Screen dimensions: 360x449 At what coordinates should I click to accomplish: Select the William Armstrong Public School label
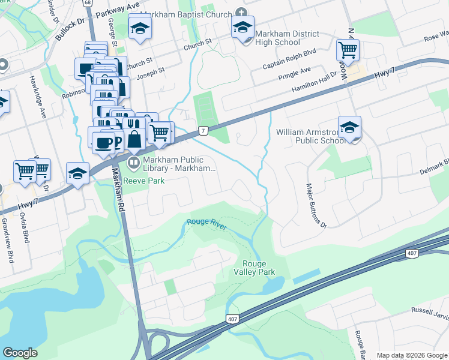coord(312,136)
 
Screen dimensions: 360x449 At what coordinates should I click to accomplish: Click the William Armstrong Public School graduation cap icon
coord(349,128)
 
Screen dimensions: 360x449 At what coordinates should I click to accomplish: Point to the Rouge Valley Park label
coord(258,268)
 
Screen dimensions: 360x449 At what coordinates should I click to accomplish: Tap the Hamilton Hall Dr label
coord(316,84)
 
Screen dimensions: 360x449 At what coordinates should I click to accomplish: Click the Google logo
coord(20,353)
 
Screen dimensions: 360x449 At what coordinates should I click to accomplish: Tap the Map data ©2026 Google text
coord(411,355)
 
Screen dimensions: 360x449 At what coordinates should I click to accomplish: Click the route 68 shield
coord(88,3)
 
